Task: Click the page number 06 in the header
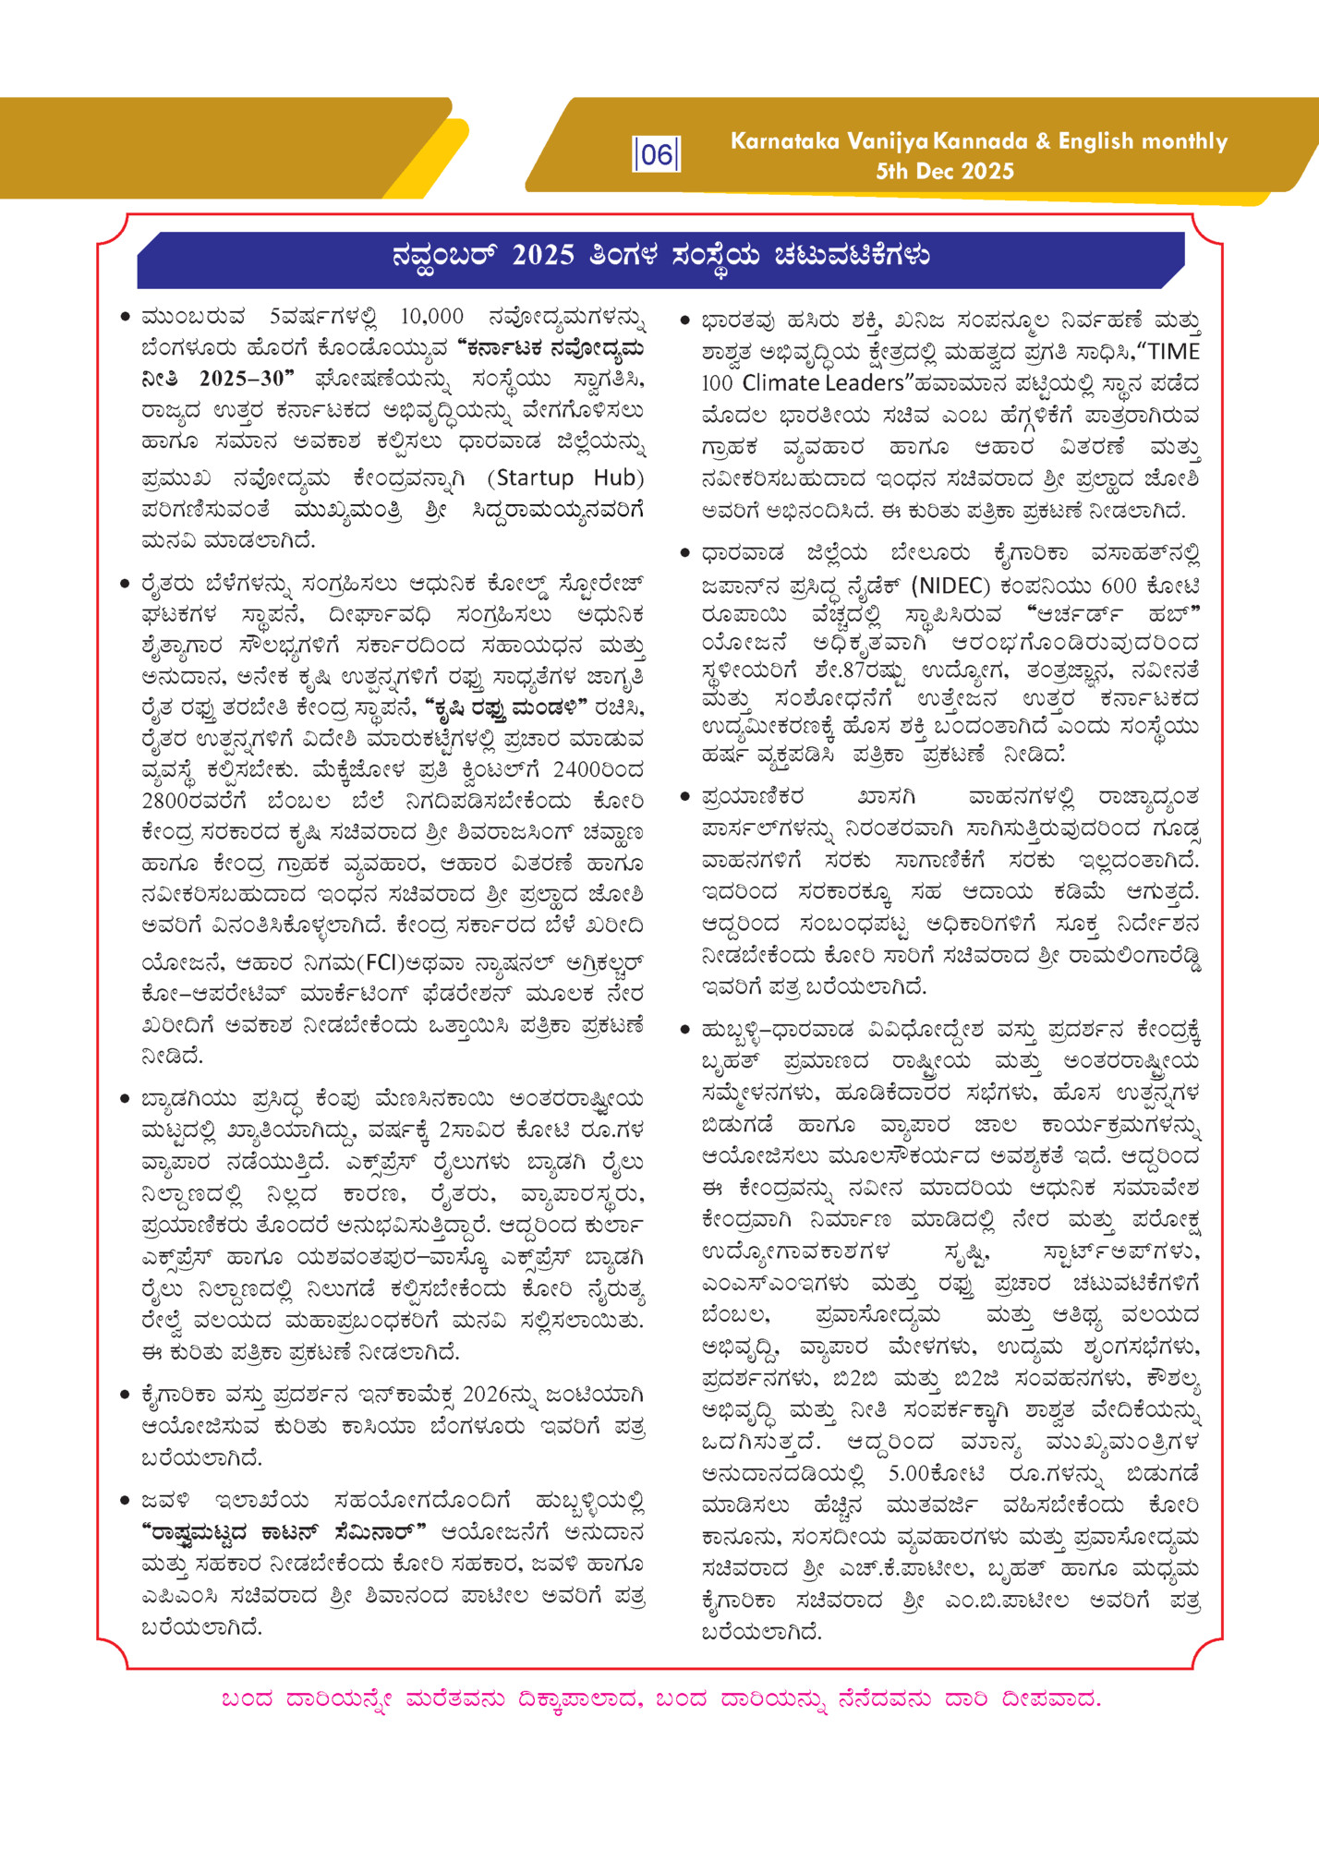[x=656, y=153]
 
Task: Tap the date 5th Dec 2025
[x=945, y=171]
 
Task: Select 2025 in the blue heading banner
[x=543, y=256]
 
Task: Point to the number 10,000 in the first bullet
[x=432, y=317]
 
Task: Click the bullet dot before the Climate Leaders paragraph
[x=684, y=320]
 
